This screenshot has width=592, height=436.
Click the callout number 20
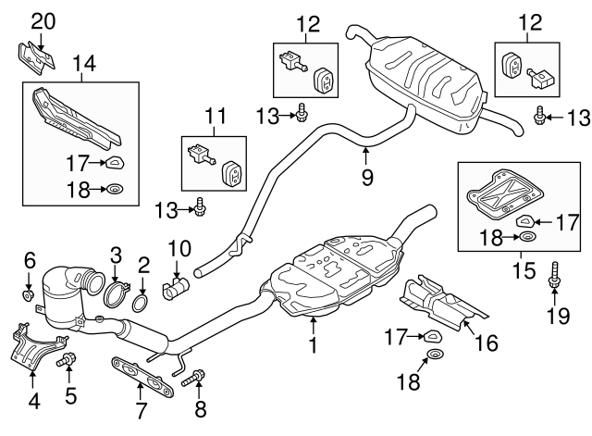[x=43, y=20]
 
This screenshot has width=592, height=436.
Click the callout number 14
[x=84, y=65]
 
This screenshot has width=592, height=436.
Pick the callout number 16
[x=485, y=343]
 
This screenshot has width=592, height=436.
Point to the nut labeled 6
[x=29, y=296]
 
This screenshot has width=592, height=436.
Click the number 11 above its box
[x=215, y=118]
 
